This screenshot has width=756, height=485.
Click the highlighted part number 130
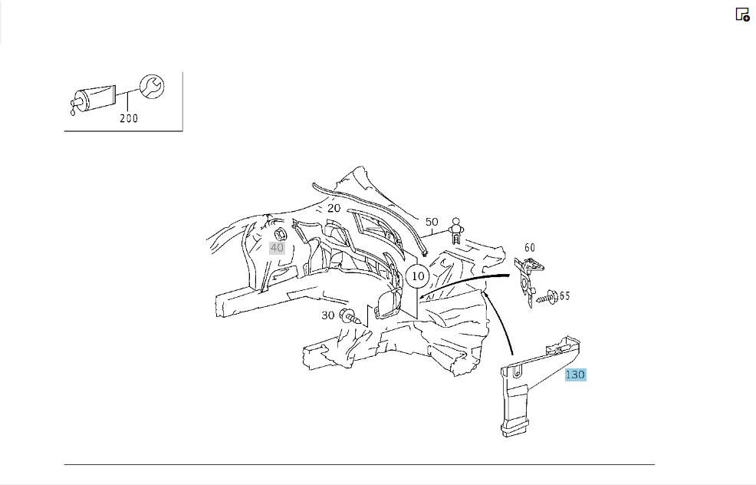click(576, 374)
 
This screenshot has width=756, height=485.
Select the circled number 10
click(418, 276)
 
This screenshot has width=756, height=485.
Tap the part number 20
click(334, 209)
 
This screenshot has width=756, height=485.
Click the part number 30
click(328, 315)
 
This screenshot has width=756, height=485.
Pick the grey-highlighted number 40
click(277, 248)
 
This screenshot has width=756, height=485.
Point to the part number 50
click(432, 222)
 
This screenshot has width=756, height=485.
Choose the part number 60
click(529, 248)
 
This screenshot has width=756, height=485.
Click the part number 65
click(564, 295)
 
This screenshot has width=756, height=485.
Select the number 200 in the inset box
click(129, 118)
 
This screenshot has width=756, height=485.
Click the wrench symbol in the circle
click(152, 87)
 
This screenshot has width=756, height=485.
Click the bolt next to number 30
click(350, 317)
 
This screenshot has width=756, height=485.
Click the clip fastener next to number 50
click(455, 231)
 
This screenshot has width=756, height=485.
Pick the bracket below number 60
click(528, 280)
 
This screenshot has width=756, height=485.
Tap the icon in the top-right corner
click(742, 15)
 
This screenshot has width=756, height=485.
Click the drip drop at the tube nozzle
click(73, 113)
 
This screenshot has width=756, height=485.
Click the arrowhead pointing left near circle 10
click(422, 297)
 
